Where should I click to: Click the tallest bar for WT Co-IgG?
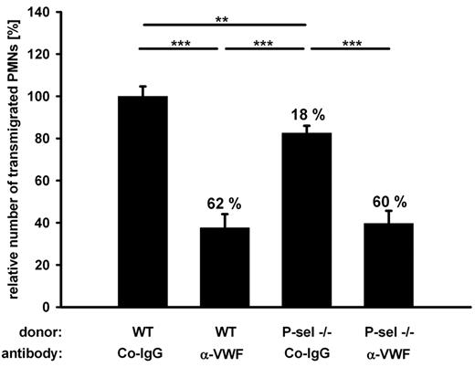[142, 201]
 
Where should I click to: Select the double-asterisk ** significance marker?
[222, 18]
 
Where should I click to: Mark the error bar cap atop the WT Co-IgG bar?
[142, 86]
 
